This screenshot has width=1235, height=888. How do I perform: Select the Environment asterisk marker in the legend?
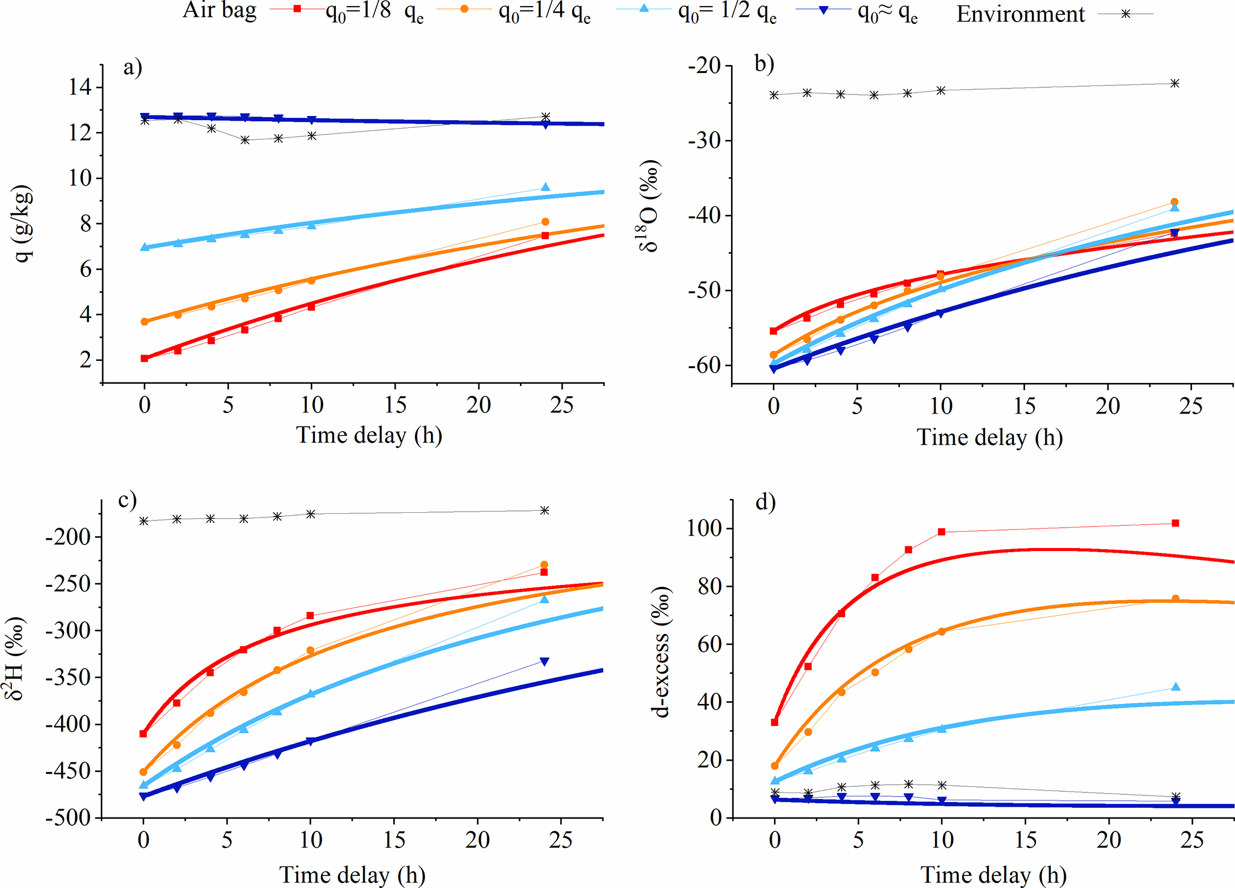tap(1126, 13)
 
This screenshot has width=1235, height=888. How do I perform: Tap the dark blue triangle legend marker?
tap(823, 10)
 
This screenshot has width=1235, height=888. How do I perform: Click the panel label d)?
tap(765, 502)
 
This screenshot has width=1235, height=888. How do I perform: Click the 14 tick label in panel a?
tap(80, 87)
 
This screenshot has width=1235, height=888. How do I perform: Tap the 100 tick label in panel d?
tap(704, 529)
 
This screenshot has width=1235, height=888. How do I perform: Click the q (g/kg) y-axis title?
tap(23, 223)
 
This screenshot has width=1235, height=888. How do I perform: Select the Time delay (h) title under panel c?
tap(352, 875)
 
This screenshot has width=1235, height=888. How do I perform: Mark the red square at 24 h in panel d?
tap(1175, 523)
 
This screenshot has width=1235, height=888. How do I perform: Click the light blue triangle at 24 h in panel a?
tap(545, 188)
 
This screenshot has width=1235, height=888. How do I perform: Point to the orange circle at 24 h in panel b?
tap(1174, 202)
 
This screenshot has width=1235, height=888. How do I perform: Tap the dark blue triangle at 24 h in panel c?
tap(544, 662)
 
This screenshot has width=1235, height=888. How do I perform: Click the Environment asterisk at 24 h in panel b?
tap(1175, 83)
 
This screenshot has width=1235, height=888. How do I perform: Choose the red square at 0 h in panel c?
tap(143, 734)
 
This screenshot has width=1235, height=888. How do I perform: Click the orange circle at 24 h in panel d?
tap(1175, 599)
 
